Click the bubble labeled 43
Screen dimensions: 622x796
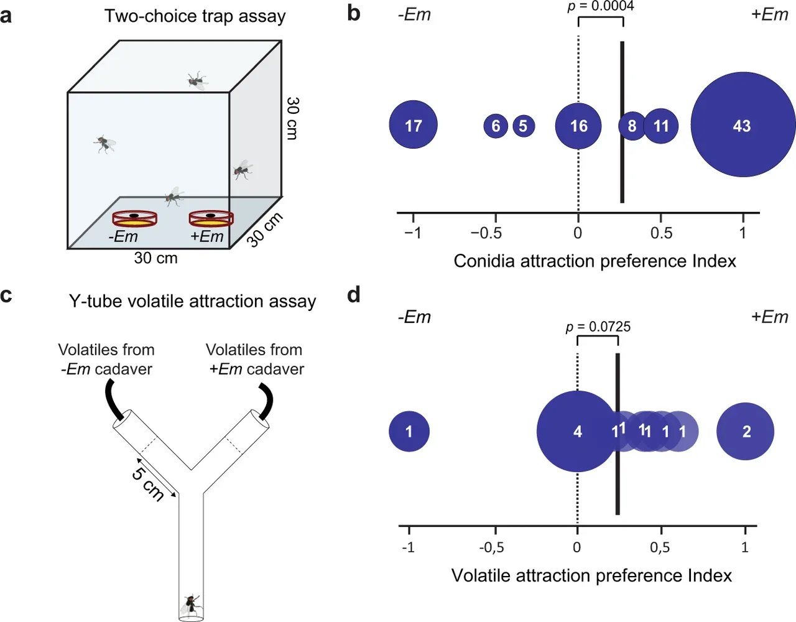pos(743,125)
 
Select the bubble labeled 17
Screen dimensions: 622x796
pos(414,125)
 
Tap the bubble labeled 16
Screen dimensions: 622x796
pos(578,126)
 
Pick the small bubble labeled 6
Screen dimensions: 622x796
pos(496,126)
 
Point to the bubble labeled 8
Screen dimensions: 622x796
pos(632,126)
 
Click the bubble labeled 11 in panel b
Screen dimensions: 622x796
pos(660,126)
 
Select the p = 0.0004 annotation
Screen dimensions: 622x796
pos(601,6)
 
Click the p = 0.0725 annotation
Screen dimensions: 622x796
pos(598,327)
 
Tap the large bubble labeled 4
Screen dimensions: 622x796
pos(577,431)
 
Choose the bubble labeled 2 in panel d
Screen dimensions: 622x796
pos(746,431)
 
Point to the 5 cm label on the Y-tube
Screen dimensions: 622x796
pos(149,483)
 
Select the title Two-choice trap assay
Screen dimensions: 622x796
pos(195,16)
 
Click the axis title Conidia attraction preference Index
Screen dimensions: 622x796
pos(595,261)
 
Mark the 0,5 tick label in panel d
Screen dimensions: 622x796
pos(660,547)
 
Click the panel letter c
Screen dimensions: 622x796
pos(6,295)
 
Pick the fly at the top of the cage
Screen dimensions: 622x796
pos(197,80)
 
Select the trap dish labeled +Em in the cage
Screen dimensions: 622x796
pos(211,219)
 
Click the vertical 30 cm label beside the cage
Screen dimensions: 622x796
pos(292,118)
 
